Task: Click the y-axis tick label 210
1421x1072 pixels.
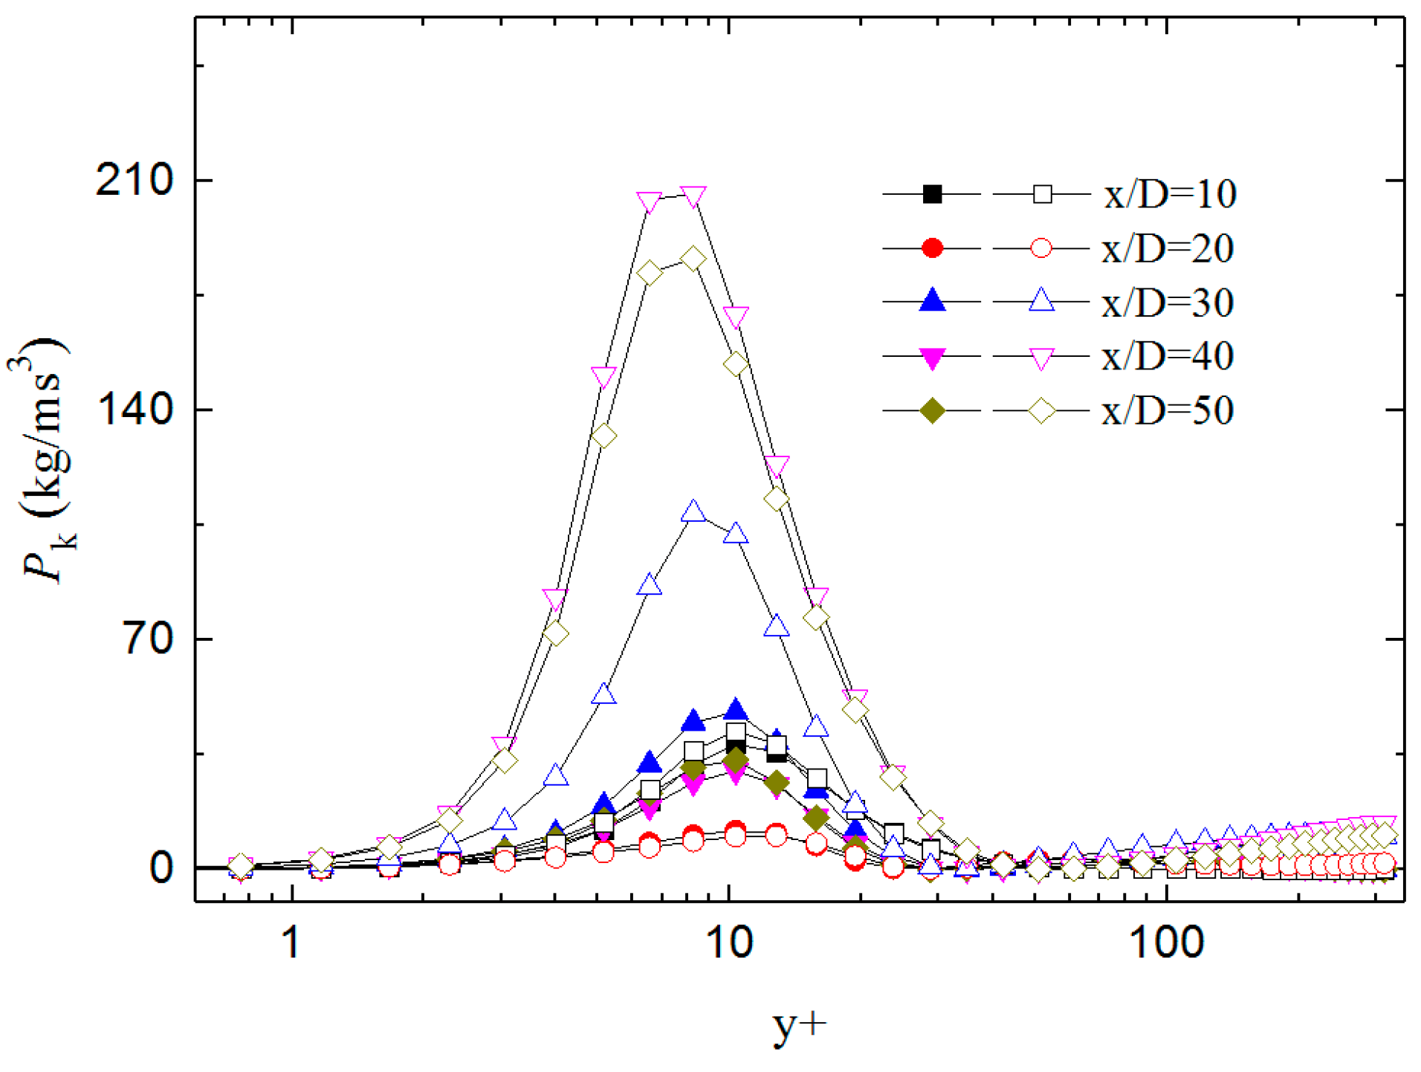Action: pos(134,181)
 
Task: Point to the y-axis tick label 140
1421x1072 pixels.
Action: pos(134,410)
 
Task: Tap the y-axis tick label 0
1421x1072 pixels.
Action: pos(161,868)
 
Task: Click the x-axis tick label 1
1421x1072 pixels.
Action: pos(292,943)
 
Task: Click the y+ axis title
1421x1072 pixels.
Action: pos(799,1026)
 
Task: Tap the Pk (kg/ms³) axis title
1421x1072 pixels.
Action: pos(45,461)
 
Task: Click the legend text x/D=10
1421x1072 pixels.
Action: pos(1170,195)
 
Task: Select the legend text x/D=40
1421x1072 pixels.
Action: pos(1168,357)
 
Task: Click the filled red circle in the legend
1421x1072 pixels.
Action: pos(932,248)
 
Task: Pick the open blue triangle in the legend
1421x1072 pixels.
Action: pos(1042,301)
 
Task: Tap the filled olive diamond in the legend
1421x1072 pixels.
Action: pos(932,410)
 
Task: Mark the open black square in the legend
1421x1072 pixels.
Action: pos(1042,194)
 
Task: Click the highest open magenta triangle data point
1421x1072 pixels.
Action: pos(693,197)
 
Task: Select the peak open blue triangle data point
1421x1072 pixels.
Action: pos(693,512)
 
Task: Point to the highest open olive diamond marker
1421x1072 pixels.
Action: pos(693,259)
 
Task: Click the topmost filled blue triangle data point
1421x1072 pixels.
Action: pos(735,709)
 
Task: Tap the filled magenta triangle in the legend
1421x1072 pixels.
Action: pos(932,358)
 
